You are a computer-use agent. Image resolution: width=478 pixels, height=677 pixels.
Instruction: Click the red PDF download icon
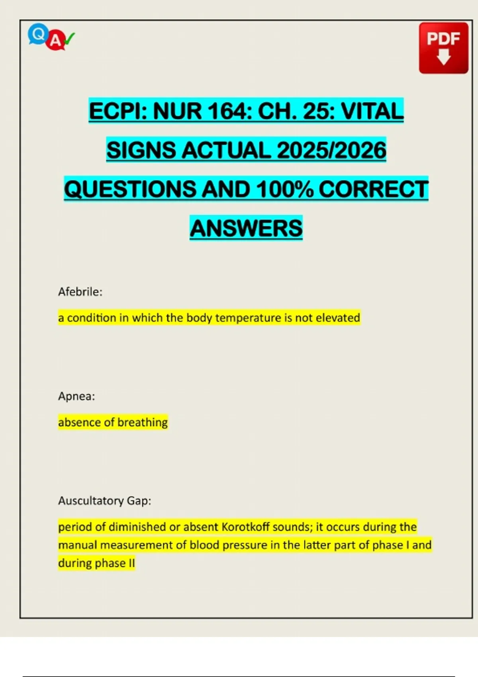point(443,48)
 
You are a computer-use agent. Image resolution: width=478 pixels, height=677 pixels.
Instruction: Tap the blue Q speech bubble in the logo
point(38,34)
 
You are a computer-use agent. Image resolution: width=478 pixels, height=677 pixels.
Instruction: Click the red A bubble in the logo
point(56,41)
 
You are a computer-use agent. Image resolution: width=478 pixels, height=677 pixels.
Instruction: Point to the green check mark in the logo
point(69,38)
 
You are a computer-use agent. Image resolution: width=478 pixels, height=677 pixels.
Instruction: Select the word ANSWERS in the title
point(246,228)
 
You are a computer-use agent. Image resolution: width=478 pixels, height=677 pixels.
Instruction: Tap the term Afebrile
point(80,292)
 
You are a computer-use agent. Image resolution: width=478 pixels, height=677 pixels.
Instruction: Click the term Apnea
point(76,396)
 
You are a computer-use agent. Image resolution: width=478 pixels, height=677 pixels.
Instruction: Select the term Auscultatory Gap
point(104,501)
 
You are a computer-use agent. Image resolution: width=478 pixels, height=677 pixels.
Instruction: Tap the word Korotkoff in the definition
point(246,527)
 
